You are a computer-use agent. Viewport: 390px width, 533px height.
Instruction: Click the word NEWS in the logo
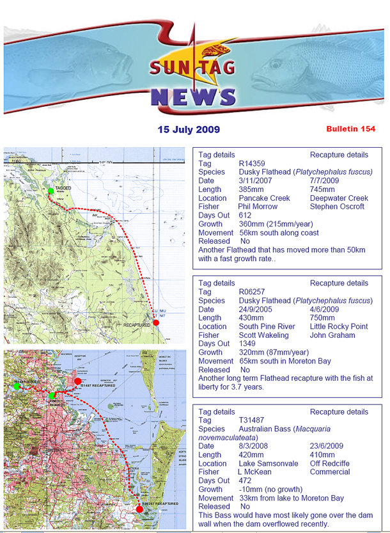tap(194, 97)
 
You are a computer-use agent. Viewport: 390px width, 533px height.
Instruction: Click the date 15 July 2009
tap(189, 129)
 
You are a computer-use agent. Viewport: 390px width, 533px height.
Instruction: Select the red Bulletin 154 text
tap(350, 129)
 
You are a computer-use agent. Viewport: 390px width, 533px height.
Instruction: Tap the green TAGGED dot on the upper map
tap(50, 190)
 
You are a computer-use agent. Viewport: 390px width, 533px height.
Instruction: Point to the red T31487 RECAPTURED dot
tap(77, 381)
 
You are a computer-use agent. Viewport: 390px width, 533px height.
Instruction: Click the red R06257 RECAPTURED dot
tap(140, 509)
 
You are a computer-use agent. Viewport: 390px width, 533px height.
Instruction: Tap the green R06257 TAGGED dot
tap(52, 395)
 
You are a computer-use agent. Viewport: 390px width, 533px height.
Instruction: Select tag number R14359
tap(252, 164)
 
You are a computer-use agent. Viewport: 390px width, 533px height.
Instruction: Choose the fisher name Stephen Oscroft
tap(337, 207)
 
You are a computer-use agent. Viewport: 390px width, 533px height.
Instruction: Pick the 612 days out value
tap(246, 216)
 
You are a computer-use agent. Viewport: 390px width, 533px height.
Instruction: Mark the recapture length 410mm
tap(325, 455)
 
